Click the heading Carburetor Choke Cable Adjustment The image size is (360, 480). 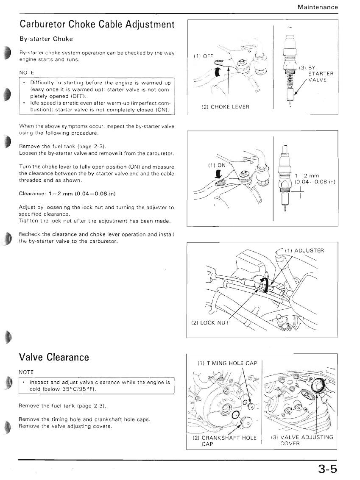(97, 24)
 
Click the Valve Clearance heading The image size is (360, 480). (54, 357)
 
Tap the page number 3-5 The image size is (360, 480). (328, 469)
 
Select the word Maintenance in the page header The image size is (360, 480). (318, 7)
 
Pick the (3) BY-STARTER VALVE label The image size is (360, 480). (316, 74)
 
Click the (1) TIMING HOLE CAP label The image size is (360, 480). (227, 363)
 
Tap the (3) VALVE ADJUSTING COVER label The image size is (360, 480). (301, 441)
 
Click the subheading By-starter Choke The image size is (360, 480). (46, 39)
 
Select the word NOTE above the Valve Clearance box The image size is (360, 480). (26, 372)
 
